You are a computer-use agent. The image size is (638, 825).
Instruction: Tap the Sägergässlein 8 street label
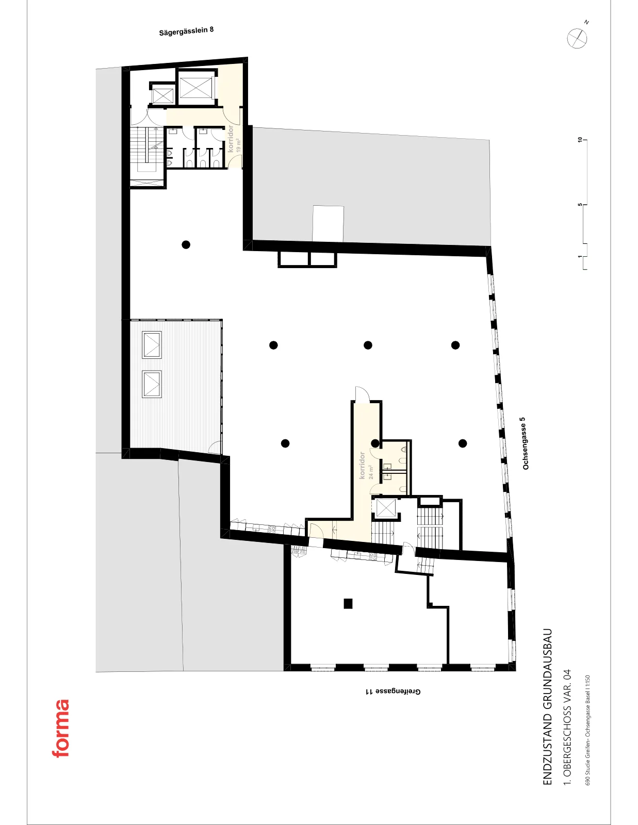186,31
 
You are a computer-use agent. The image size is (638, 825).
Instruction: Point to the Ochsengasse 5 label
526,443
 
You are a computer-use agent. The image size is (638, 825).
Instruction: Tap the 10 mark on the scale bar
580,140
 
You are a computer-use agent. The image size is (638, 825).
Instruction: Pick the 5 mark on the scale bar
580,205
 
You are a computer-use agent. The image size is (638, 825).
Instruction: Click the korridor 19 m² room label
234,139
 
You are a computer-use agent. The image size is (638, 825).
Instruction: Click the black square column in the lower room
348,603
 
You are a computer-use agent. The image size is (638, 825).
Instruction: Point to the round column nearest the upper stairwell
186,244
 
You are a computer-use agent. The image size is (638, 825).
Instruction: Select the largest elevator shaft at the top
195,87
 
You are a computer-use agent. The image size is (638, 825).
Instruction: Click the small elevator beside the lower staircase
386,508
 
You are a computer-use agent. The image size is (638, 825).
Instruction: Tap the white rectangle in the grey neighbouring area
328,223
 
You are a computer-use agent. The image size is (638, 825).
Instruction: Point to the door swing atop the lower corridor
362,394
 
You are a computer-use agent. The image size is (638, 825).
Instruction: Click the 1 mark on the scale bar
580,257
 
